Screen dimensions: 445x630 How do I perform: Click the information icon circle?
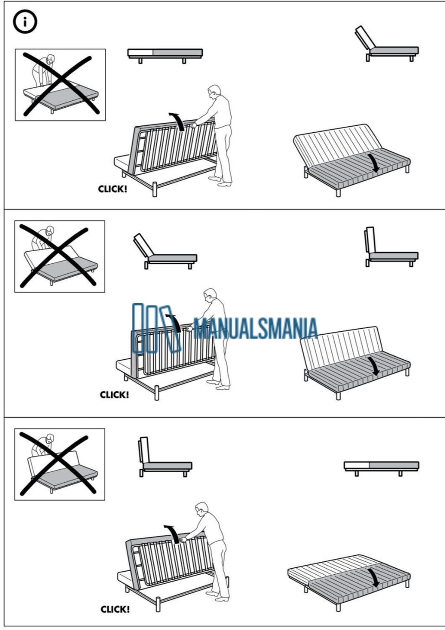(x=25, y=22)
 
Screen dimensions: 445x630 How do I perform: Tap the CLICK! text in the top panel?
(x=112, y=189)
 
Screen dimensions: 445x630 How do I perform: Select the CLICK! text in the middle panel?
(x=114, y=395)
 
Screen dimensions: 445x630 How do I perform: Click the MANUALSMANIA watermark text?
(x=255, y=329)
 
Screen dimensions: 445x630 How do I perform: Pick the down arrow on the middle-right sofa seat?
(x=375, y=366)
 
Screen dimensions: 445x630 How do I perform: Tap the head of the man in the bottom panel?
(x=202, y=508)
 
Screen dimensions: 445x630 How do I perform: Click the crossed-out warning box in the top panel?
(x=60, y=85)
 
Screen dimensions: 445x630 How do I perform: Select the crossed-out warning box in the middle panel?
(x=60, y=256)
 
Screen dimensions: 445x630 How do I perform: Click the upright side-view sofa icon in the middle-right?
(x=392, y=247)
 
